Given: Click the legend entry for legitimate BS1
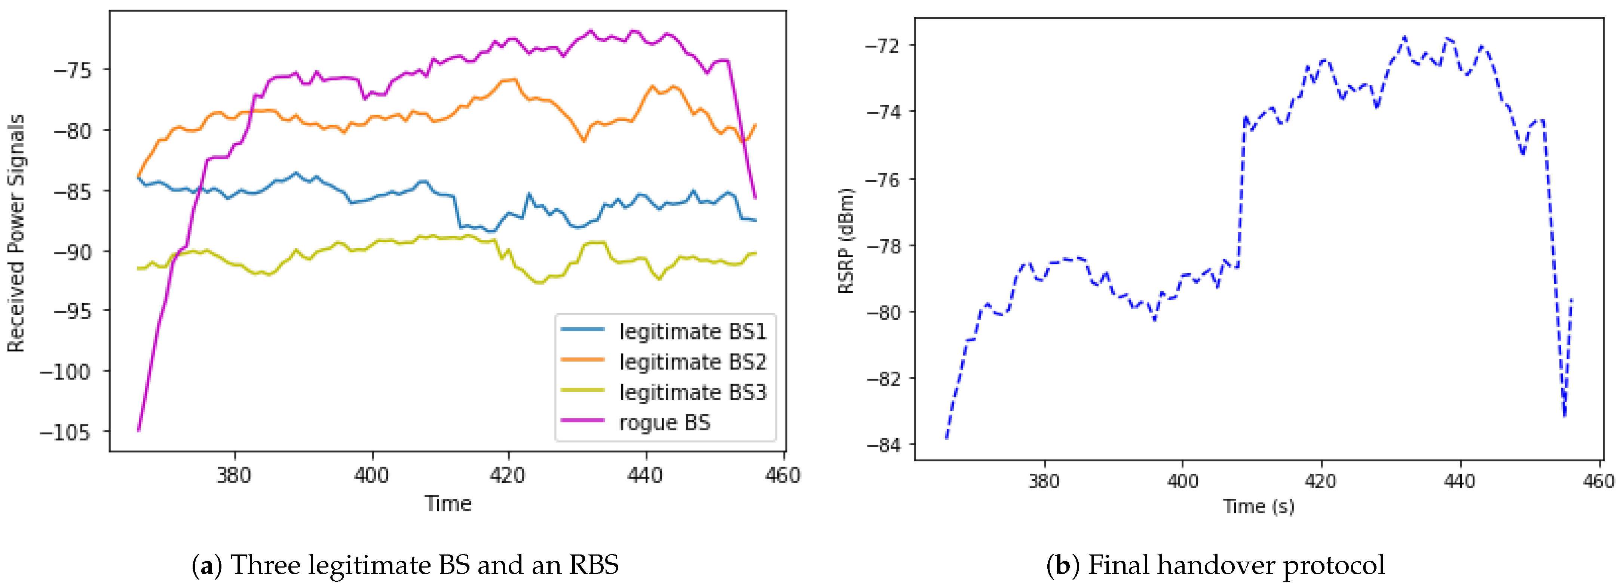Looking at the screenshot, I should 692,331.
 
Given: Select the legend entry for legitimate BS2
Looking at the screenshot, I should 692,362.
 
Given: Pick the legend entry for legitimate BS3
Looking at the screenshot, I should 692,392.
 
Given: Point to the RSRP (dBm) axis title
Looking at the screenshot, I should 846,241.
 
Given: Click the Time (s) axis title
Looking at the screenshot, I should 1258,506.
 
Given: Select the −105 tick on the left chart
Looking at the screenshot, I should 65,432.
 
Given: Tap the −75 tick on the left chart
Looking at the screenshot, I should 72,70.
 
